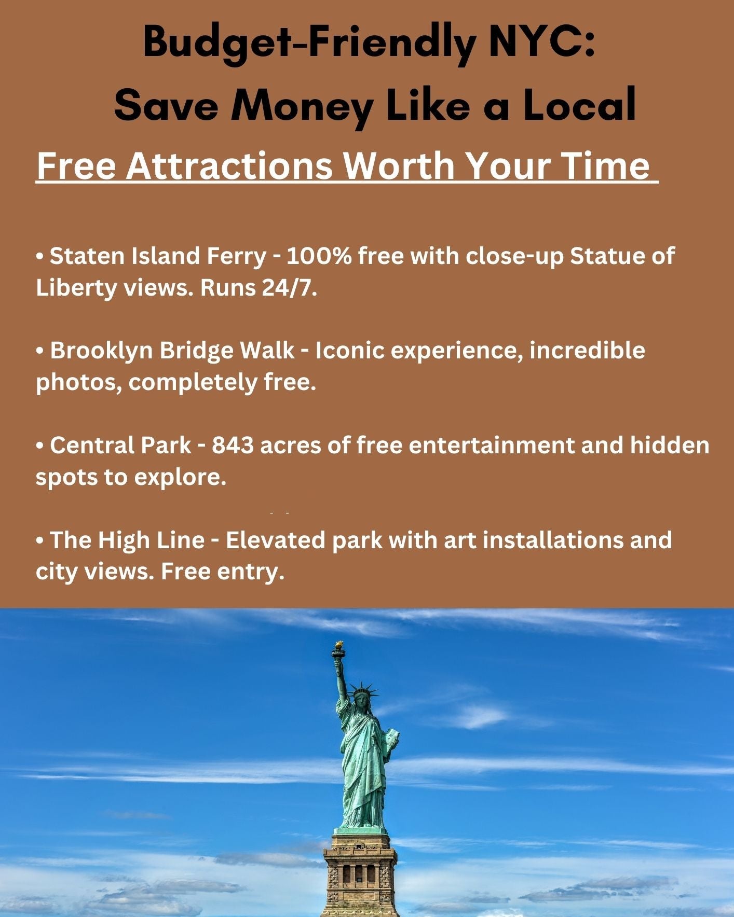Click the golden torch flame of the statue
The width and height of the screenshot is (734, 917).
(x=339, y=645)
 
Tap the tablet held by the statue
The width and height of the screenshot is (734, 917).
(x=392, y=737)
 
